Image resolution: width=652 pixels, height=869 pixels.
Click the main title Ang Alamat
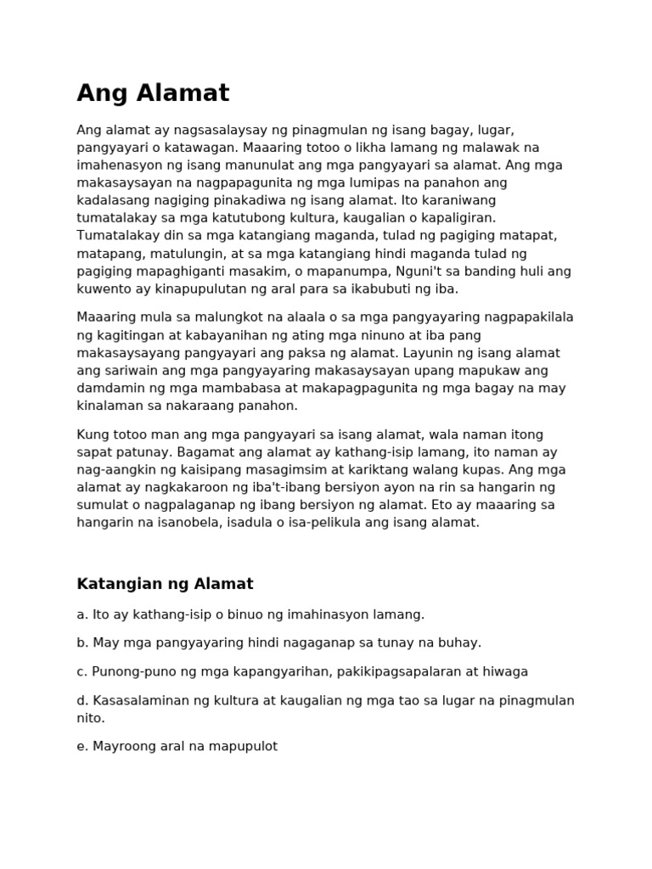point(153,93)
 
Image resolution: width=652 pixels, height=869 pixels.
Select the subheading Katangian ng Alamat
point(165,584)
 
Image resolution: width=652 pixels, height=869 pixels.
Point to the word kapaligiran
point(458,218)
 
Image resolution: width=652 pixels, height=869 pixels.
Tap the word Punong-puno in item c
point(129,671)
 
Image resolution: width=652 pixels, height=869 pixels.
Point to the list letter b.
point(81,642)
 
